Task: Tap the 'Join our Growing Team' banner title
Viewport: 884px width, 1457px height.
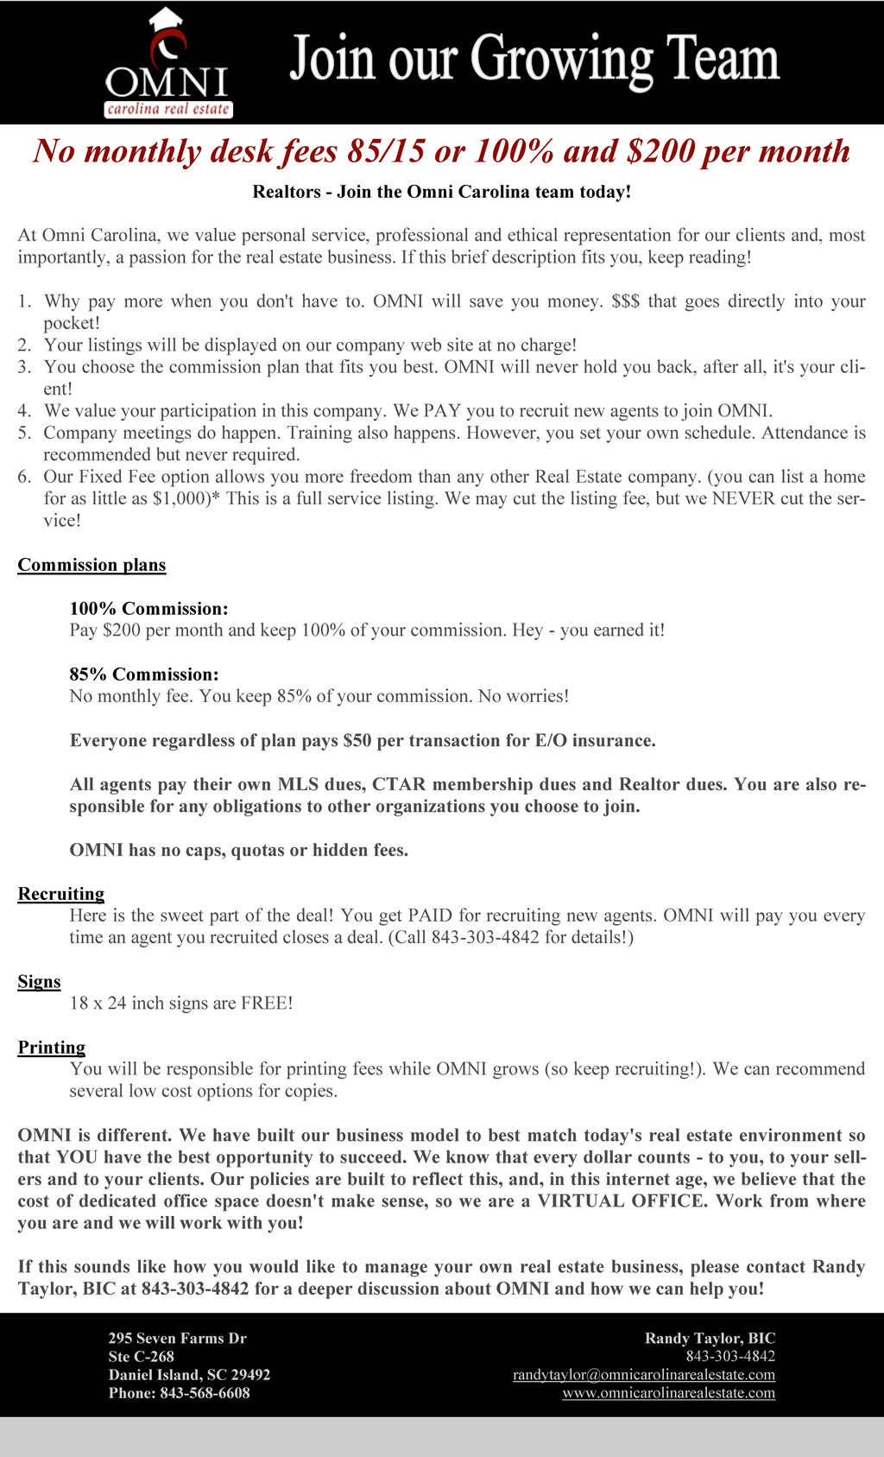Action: (x=534, y=59)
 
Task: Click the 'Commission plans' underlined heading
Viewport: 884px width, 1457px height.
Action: (x=92, y=565)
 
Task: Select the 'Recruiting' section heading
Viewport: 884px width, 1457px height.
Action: (x=60, y=894)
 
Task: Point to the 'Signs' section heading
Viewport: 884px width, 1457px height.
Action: (x=39, y=982)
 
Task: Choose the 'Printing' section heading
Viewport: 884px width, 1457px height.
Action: (x=51, y=1048)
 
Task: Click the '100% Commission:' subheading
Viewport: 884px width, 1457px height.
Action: (x=148, y=609)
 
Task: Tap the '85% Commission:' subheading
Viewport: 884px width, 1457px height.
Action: (x=144, y=675)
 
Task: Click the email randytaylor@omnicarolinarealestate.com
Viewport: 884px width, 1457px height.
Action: (x=643, y=1375)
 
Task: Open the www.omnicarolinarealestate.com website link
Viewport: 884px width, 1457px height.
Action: (x=668, y=1393)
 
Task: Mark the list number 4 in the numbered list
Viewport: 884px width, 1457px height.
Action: (x=24, y=411)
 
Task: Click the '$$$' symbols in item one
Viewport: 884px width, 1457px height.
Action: (x=625, y=301)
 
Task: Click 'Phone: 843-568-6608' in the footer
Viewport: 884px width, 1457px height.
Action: (x=179, y=1393)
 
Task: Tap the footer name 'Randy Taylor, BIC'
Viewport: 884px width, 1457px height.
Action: (x=710, y=1339)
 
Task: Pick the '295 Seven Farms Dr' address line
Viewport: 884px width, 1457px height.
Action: (x=177, y=1339)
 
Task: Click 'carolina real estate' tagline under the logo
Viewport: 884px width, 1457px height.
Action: (x=168, y=110)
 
